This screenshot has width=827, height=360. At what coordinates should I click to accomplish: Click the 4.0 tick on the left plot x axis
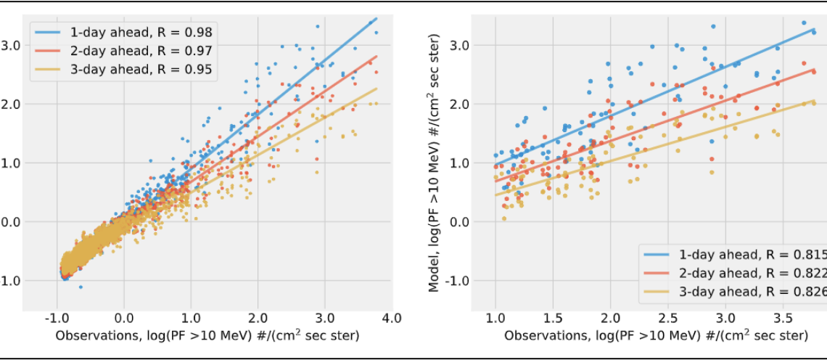[x=392, y=318]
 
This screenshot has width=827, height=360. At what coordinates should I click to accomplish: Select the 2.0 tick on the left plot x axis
[x=258, y=318]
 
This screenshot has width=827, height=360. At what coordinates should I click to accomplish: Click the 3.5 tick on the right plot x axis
[x=783, y=318]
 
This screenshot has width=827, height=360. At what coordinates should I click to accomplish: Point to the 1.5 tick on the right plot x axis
[x=553, y=318]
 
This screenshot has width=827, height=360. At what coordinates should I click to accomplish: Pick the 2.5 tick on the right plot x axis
[x=667, y=318]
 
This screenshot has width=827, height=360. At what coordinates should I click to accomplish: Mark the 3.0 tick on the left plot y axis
[x=10, y=45]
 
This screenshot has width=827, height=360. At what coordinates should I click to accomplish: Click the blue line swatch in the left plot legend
[x=49, y=32]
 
